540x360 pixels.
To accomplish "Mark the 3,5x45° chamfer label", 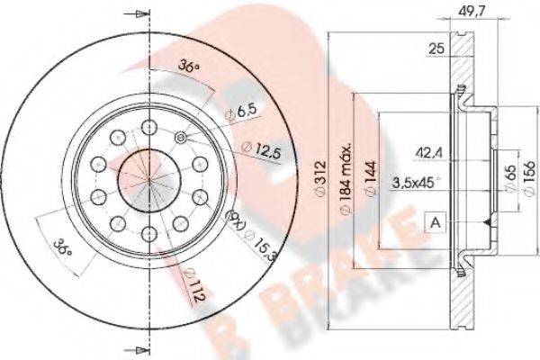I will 415,181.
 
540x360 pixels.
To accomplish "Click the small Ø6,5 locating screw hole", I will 180,137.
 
